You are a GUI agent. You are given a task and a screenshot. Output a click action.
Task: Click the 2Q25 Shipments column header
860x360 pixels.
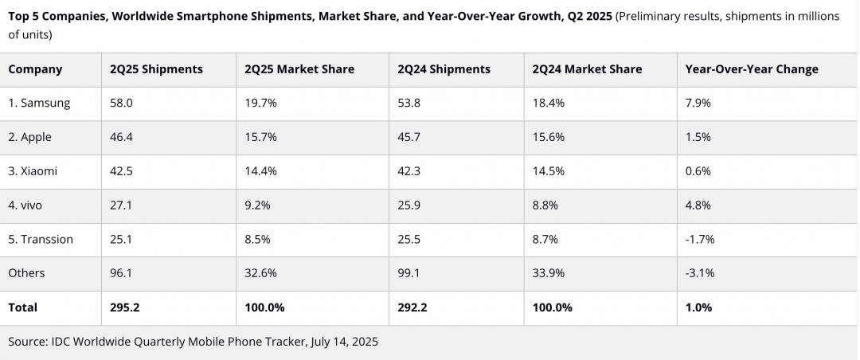[x=156, y=69]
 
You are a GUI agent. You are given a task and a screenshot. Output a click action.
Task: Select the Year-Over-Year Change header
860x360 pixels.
[x=751, y=69]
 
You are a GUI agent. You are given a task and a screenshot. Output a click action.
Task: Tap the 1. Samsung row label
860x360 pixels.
[x=39, y=103]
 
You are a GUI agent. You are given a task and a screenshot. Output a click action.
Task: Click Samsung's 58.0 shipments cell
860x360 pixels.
[x=121, y=103]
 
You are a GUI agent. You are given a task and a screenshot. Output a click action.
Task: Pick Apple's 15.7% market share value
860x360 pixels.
[x=261, y=137]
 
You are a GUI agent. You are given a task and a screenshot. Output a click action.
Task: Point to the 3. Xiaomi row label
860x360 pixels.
[x=33, y=171]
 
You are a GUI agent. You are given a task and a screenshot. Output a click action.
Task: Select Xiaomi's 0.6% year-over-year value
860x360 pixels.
[x=698, y=171]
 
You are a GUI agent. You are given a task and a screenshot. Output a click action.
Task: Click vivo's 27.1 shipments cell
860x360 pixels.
[x=120, y=205]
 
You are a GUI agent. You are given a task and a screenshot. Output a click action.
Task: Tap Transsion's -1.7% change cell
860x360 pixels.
[x=700, y=239]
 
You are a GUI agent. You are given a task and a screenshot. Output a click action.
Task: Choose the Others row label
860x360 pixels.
[x=26, y=273]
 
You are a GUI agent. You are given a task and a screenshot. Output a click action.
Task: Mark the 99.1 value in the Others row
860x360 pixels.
[x=408, y=273]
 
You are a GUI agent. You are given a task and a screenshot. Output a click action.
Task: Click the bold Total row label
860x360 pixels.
[x=23, y=307]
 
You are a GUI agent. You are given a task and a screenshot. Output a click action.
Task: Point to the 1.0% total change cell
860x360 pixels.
[x=698, y=307]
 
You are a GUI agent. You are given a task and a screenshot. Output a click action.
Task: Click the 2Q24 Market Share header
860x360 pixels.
[x=587, y=69]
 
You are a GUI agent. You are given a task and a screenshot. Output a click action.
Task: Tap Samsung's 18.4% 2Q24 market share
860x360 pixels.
[x=549, y=103]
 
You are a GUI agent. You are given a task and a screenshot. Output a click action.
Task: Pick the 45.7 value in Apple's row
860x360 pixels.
[x=408, y=137]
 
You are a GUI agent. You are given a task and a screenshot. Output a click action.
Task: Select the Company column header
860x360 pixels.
[x=35, y=69]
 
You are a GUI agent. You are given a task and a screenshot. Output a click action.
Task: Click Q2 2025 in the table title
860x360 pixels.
[x=588, y=17]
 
